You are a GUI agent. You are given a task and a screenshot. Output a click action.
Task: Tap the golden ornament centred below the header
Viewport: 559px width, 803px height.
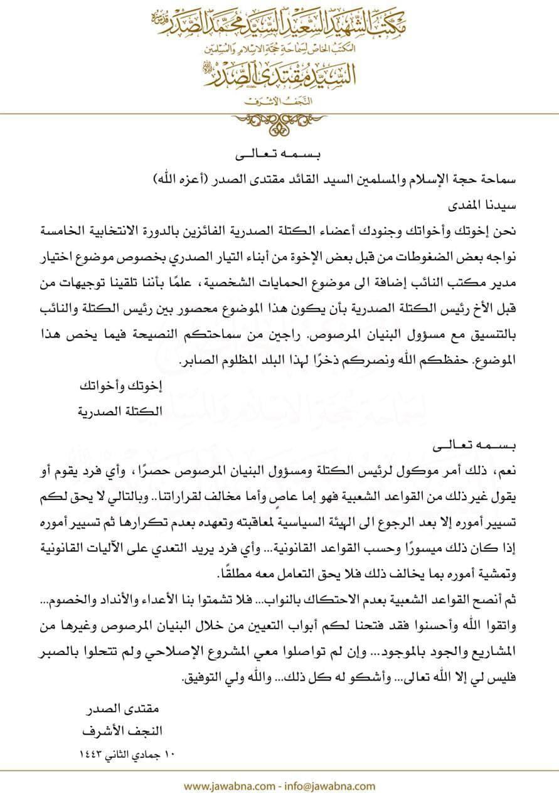tap(280, 118)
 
